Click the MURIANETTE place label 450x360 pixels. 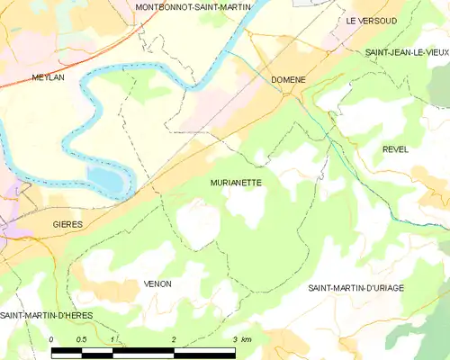pos(236,181)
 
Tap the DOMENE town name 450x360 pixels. pos(288,80)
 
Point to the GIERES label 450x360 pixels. pos(67,223)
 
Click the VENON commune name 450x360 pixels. pos(157,283)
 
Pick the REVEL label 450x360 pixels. pos(395,148)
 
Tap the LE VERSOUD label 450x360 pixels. pos(372,19)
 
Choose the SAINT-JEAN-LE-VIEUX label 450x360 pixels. pos(407,53)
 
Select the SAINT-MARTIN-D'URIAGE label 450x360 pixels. pos(355,288)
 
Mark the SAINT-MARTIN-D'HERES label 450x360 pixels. pos(46,314)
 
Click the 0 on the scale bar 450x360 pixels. pos(52,338)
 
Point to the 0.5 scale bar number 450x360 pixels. pos(82,338)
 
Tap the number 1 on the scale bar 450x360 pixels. pos(112,338)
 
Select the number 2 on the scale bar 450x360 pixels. pos(173,338)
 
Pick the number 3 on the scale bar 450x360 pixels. pos(234,338)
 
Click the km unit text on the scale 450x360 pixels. pos(246,338)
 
